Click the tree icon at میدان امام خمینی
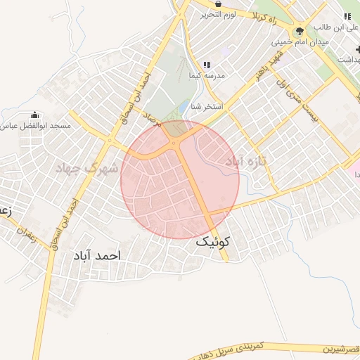[x=300, y=31]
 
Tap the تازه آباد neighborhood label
[x=247, y=161]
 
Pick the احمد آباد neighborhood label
[x=96, y=256]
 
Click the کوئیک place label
[x=212, y=243]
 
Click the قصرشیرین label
[x=340, y=348]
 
